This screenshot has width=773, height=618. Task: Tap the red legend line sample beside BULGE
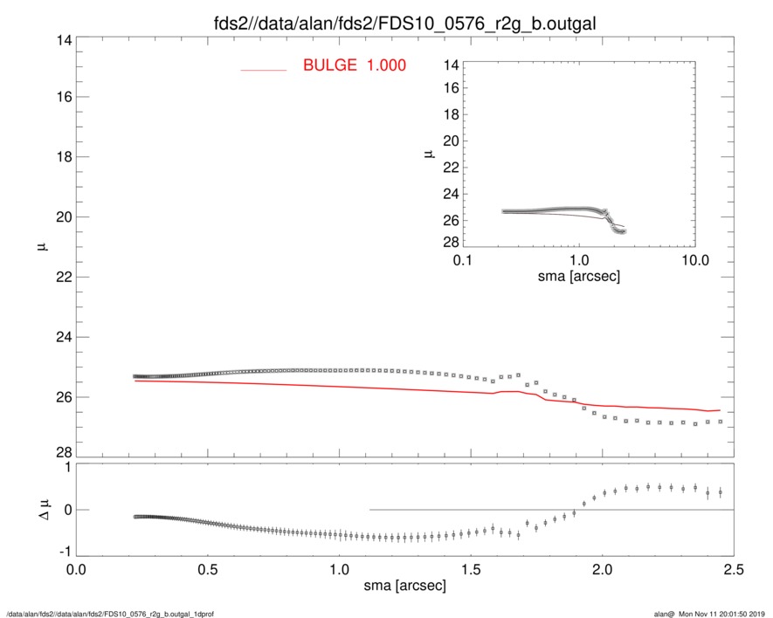pos(264,69)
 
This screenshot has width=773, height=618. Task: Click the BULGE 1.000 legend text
pos(354,65)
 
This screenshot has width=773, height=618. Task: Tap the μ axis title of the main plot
pos(38,247)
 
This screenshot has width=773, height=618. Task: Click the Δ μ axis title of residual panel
pos(36,510)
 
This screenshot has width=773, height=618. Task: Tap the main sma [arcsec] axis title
pos(404,586)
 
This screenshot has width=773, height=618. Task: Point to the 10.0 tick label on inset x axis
pos(694,261)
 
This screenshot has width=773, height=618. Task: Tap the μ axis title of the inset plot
pos(429,154)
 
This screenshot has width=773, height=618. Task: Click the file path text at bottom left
pos(110,613)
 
